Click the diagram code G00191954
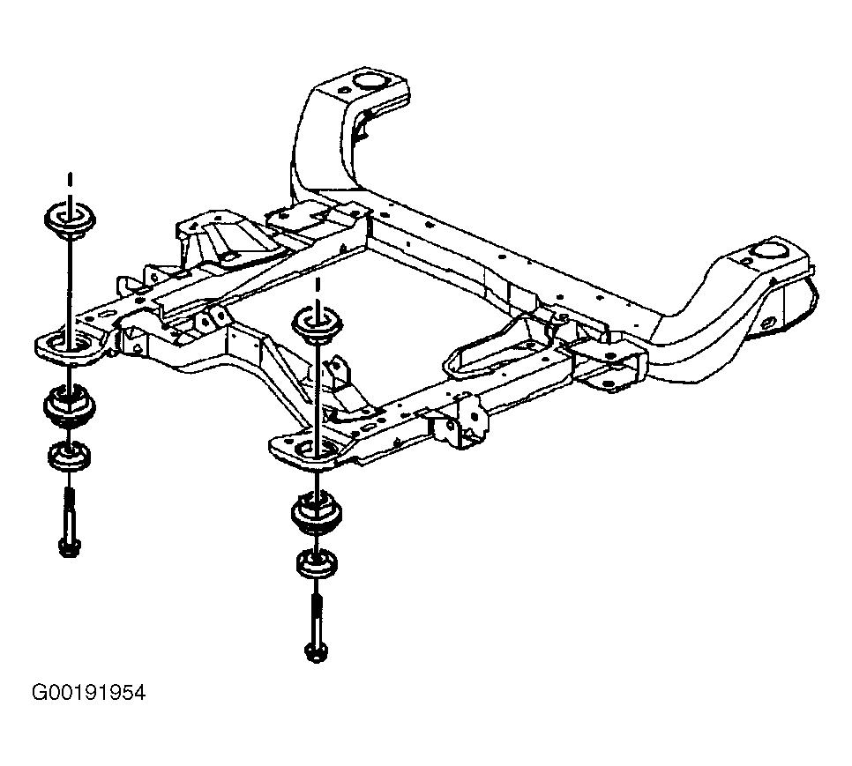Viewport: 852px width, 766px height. click(88, 693)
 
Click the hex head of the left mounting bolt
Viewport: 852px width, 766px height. click(69, 547)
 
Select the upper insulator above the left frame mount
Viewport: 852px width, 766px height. click(70, 219)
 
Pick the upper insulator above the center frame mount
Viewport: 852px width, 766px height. click(318, 324)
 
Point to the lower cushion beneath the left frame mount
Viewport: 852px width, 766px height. click(69, 406)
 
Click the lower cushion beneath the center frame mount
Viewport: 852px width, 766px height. click(317, 512)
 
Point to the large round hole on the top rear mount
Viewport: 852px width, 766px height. click(370, 80)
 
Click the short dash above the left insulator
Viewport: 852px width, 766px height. click(70, 181)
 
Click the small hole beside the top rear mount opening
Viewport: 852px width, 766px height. click(343, 90)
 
